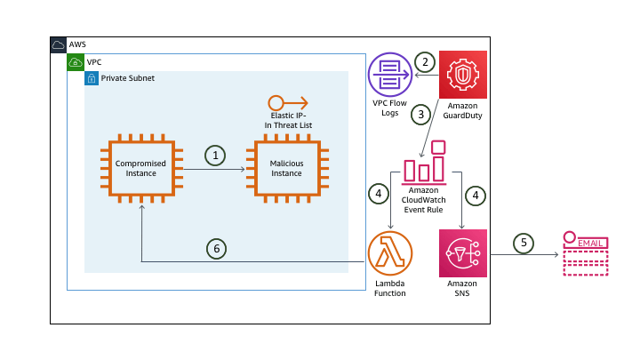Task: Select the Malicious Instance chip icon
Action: point(286,169)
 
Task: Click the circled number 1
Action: point(214,155)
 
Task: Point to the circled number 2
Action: point(426,62)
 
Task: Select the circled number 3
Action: point(422,114)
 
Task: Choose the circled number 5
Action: point(524,242)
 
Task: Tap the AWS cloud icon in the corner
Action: point(59,45)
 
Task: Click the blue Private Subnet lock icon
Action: point(92,78)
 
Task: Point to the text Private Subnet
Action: point(128,78)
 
